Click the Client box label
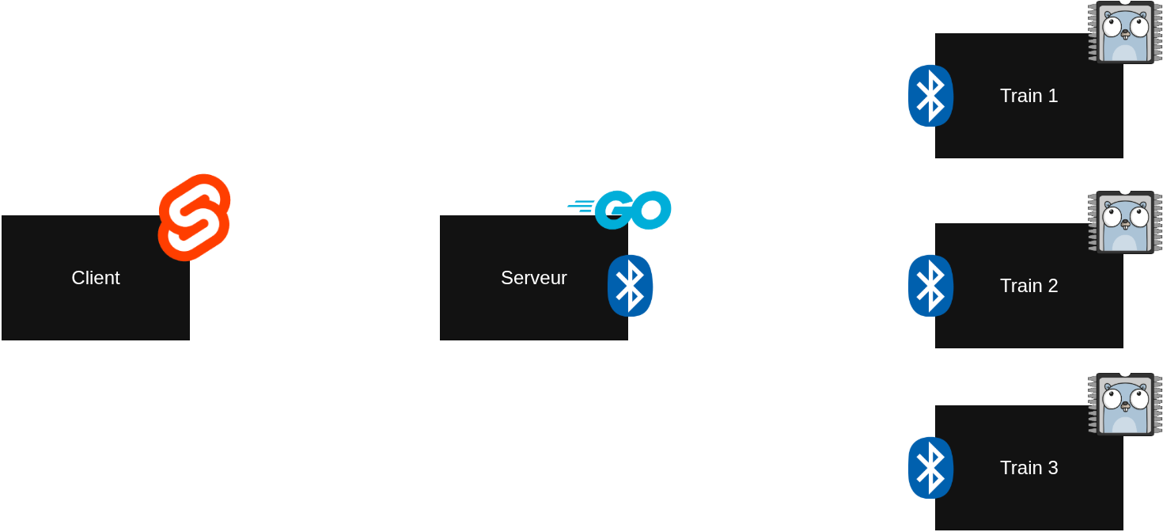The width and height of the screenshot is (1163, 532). pyautogui.click(x=96, y=278)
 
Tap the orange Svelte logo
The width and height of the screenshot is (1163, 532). pyautogui.click(x=195, y=216)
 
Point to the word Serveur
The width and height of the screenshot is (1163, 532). pyautogui.click(x=534, y=278)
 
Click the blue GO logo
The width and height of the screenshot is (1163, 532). pyautogui.click(x=622, y=210)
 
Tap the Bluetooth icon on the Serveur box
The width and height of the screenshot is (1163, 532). pyautogui.click(x=631, y=286)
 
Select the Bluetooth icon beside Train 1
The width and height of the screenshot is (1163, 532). pyautogui.click(x=930, y=96)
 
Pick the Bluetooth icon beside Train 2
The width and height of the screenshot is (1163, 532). pyautogui.click(x=930, y=286)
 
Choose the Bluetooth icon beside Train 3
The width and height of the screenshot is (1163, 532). pyautogui.click(x=930, y=468)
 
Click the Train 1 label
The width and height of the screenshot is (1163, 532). pyautogui.click(x=1029, y=96)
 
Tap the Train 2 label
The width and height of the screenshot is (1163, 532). pyautogui.click(x=1029, y=286)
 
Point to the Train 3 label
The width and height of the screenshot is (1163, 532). pyautogui.click(x=1029, y=468)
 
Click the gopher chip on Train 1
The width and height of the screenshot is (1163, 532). pyautogui.click(x=1124, y=32)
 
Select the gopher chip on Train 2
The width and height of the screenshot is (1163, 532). pyautogui.click(x=1124, y=222)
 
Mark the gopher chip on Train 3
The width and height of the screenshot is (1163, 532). pyautogui.click(x=1124, y=405)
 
